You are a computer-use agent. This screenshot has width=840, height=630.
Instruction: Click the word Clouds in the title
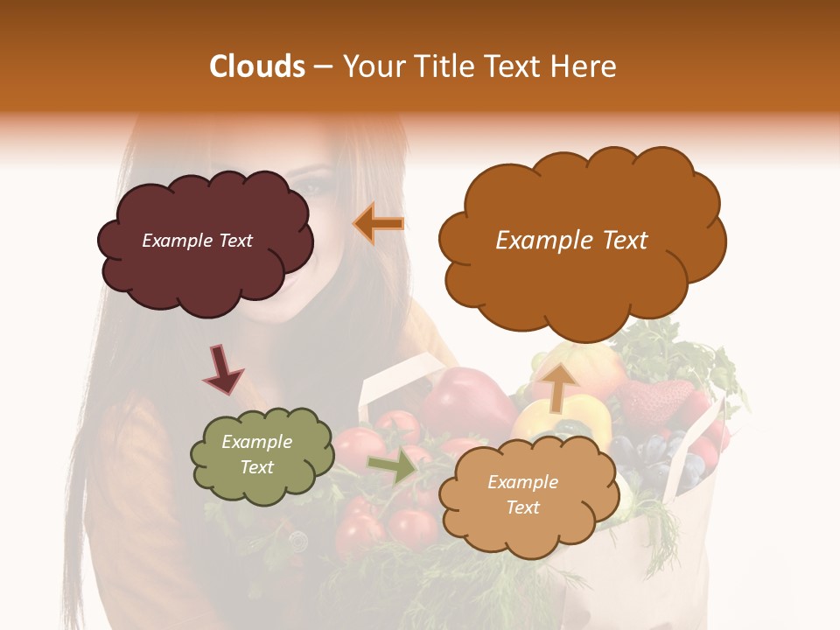pos(258,66)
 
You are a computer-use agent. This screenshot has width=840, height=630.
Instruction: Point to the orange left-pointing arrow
pos(379,224)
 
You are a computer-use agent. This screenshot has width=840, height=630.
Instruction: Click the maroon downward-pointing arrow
pos(223,368)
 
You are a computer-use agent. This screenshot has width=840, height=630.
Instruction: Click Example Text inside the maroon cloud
pos(198,241)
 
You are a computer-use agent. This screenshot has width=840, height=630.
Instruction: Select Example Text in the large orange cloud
pos(571,241)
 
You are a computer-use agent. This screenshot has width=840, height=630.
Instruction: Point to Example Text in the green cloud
pos(257,454)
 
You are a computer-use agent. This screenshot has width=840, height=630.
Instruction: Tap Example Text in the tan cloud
pos(522,494)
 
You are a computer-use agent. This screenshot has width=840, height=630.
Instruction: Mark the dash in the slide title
pos(323,67)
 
